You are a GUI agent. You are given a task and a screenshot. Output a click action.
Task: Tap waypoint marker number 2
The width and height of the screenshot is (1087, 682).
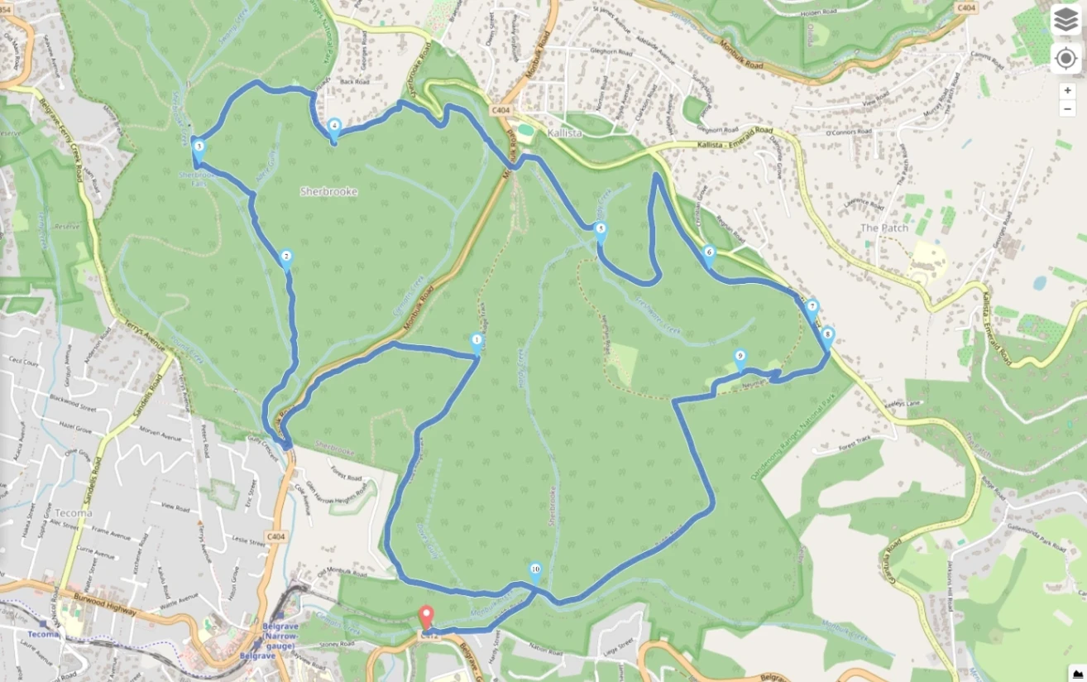286,257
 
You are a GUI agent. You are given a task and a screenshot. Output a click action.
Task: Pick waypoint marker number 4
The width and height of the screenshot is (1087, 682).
334,127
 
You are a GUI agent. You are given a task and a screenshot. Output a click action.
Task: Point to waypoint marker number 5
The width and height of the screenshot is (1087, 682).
601,230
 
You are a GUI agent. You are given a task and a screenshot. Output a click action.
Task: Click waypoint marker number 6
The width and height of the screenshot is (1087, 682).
708,252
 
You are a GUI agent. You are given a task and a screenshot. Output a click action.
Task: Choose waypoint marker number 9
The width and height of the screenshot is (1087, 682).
740,358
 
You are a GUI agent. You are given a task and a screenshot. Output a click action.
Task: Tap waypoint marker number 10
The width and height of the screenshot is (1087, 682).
535,570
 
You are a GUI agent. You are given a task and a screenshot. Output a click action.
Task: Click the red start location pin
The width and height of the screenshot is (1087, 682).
426,617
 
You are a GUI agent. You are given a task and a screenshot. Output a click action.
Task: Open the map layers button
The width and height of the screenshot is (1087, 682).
1065,21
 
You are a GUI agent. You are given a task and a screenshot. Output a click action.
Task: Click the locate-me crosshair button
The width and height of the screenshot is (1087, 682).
1065,59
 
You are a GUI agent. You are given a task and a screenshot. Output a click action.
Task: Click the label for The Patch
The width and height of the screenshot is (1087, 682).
883,228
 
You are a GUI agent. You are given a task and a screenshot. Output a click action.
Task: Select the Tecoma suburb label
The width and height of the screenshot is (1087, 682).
74,512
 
